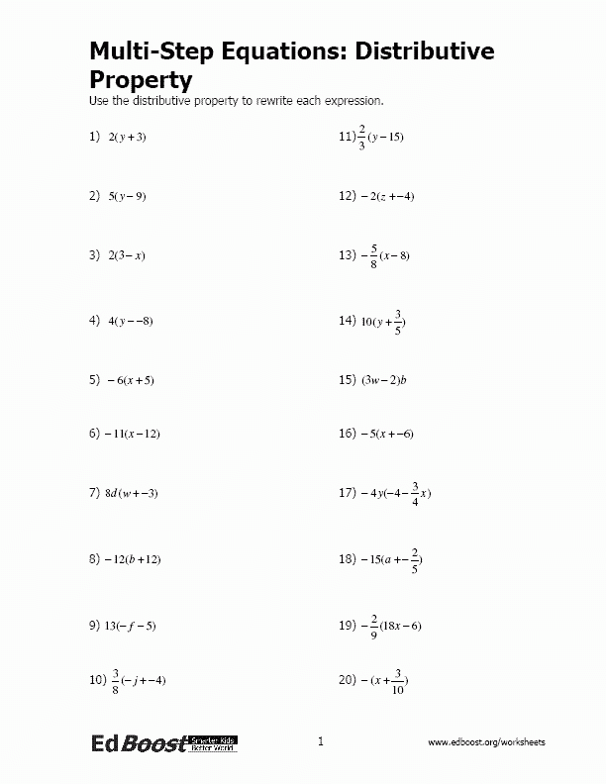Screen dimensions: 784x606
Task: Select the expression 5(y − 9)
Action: [126, 196]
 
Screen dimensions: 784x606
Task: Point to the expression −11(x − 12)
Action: [132, 434]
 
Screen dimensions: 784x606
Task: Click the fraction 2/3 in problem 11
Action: [363, 137]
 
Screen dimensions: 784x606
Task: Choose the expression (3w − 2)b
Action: [385, 380]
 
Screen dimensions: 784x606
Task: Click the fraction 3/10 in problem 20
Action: [397, 682]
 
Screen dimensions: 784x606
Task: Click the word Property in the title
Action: [140, 78]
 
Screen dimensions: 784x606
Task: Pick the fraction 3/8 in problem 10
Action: [115, 680]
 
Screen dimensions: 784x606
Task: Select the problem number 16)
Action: [347, 434]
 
